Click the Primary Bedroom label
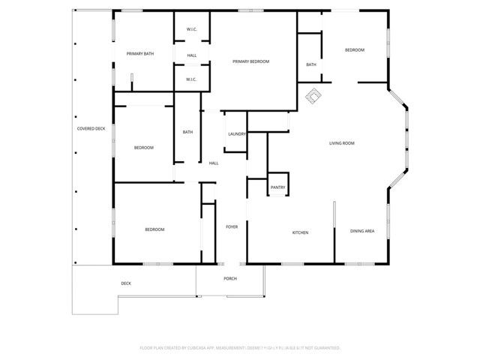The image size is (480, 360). coord(250,61)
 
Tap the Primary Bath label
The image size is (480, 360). coord(140,54)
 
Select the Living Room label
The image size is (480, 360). coord(342,143)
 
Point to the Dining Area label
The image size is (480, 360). coord(362,232)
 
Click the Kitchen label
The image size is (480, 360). coord(300,232)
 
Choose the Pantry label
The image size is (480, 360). coord(277,187)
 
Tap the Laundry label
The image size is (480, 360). coord(237,134)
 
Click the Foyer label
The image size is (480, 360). coord(232,226)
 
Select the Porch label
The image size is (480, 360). coord(230,278)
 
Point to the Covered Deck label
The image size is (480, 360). coord(91,129)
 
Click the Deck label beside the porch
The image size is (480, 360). coord(126,283)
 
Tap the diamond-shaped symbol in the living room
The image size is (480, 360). coord(312,94)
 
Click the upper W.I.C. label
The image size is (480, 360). coord(191,31)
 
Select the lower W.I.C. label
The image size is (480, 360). coord(191,79)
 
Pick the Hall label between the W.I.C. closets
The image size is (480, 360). coord(191,55)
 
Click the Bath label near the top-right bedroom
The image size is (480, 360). coord(311,65)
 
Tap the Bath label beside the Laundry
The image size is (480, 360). coord(187,133)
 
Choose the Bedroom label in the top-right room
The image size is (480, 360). coord(354,50)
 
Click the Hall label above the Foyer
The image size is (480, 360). coord(214,163)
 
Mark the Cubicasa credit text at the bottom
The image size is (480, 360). coord(240,348)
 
